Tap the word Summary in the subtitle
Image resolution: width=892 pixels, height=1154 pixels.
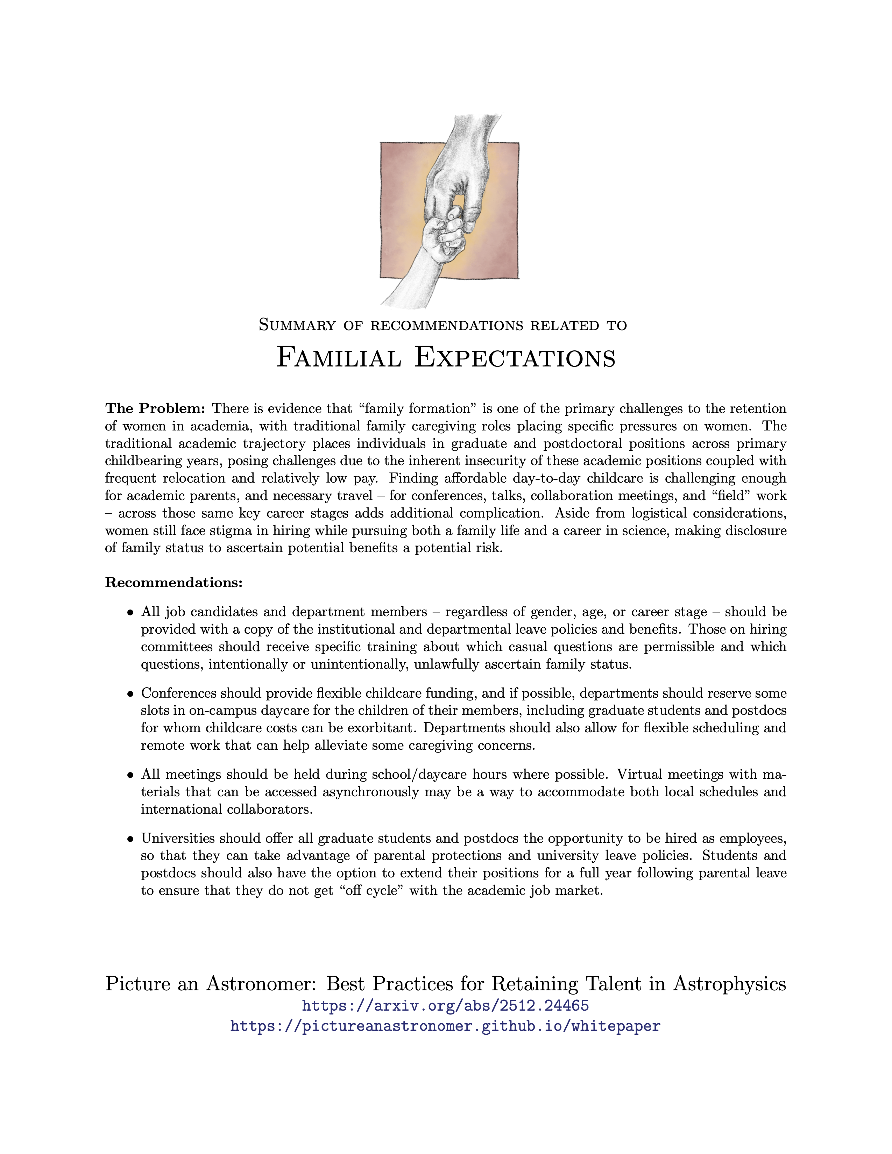297,326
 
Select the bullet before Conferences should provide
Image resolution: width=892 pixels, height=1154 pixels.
130,694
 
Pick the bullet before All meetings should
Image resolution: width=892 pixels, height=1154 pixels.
130,776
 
